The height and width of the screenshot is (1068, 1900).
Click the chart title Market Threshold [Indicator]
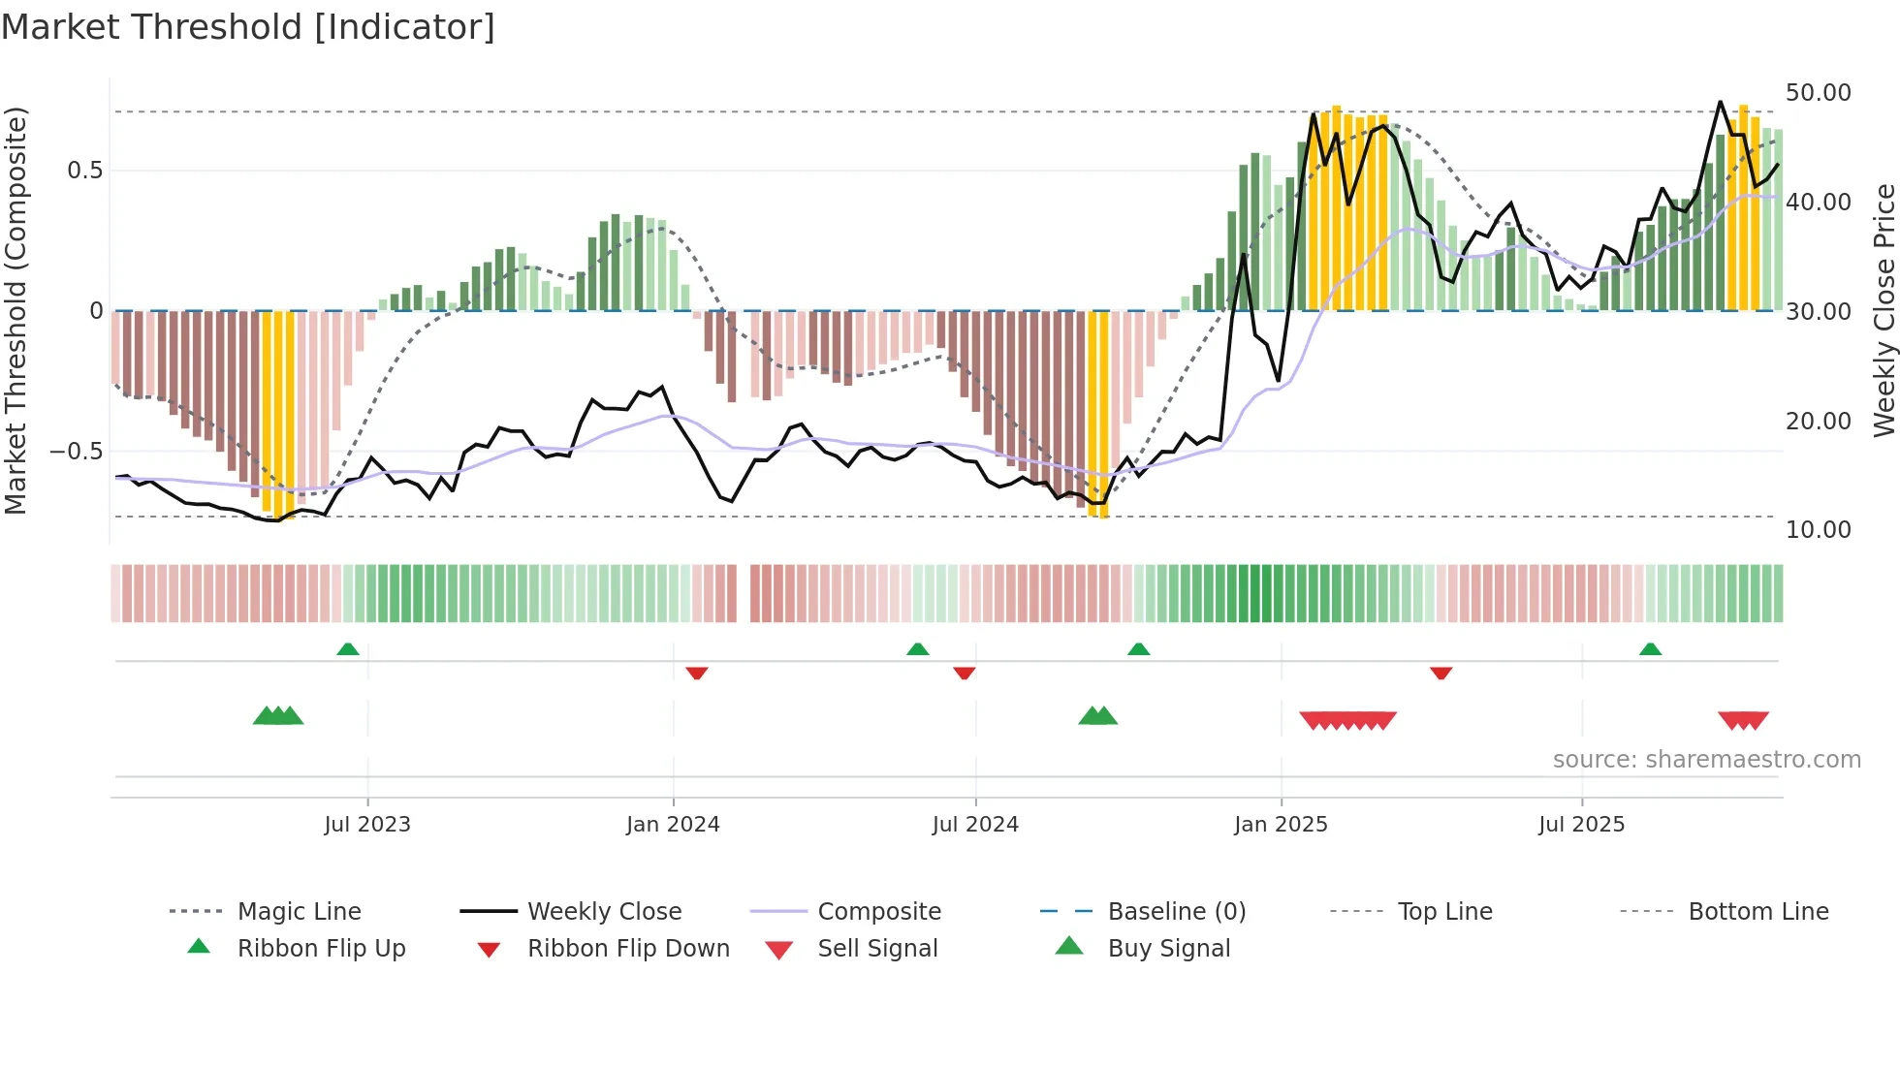click(x=248, y=27)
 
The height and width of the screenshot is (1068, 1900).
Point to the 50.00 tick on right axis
click(x=1818, y=93)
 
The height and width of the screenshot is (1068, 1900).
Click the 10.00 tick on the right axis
click(x=1818, y=530)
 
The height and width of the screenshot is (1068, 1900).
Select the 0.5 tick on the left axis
click(x=84, y=171)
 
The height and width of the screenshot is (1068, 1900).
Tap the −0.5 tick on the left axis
click(x=76, y=452)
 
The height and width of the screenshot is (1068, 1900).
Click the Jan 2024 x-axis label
click(x=673, y=825)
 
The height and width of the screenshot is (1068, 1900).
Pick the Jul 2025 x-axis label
click(x=1581, y=825)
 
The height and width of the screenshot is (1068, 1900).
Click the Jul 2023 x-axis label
click(x=367, y=825)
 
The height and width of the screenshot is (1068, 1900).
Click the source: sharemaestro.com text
click(x=1706, y=760)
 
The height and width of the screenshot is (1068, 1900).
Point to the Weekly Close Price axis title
click(x=1884, y=310)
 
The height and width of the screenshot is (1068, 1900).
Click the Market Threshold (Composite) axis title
click(x=16, y=310)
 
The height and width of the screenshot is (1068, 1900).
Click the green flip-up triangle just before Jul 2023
click(x=348, y=648)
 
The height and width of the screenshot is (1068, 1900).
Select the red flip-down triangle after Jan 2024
click(x=697, y=673)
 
